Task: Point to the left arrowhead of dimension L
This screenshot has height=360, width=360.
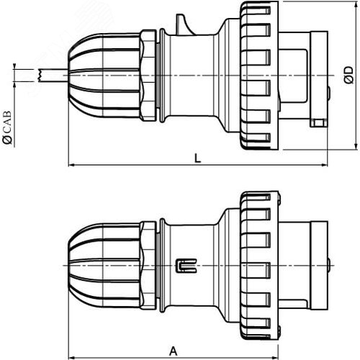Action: pyautogui.click(x=71, y=166)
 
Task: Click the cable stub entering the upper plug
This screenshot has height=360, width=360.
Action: pyautogui.click(x=54, y=74)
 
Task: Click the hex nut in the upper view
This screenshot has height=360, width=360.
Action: pyautogui.click(x=149, y=74)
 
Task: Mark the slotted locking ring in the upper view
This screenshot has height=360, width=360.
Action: pyautogui.click(x=258, y=74)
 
